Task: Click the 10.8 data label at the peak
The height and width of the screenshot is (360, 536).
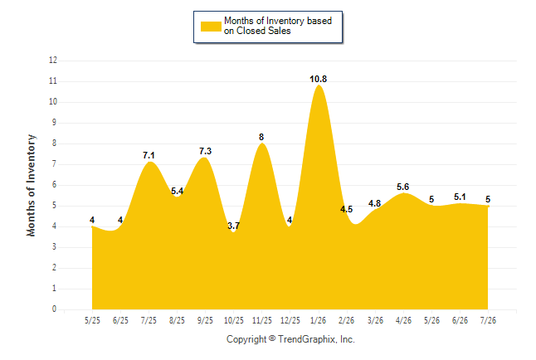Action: [x=319, y=79]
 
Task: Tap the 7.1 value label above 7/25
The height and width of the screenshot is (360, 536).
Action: [x=149, y=155]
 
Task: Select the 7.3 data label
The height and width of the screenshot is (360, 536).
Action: [x=206, y=151]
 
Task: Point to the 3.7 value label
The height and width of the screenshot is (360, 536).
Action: [x=233, y=226]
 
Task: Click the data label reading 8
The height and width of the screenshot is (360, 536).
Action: [x=261, y=137]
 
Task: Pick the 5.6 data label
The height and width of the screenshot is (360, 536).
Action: [x=403, y=187]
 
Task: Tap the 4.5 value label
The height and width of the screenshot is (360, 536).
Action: [x=346, y=209]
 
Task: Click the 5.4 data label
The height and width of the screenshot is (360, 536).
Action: [x=177, y=191]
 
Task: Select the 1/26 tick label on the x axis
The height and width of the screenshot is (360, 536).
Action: [x=319, y=320]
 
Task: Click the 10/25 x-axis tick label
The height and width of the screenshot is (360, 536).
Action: [x=234, y=320]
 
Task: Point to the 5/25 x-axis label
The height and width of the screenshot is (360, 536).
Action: [x=92, y=320]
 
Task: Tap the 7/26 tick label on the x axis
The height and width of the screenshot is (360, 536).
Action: [x=488, y=320]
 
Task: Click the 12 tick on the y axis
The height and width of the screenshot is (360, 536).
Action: [x=53, y=61]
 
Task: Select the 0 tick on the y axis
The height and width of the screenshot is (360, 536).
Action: [x=55, y=309]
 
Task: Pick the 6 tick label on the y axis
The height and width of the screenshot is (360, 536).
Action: [x=55, y=185]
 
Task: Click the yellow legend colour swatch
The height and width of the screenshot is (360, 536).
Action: [x=211, y=27]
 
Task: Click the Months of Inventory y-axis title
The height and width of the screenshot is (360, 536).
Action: [x=31, y=185]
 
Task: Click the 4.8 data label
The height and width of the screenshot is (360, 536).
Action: [x=375, y=203]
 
